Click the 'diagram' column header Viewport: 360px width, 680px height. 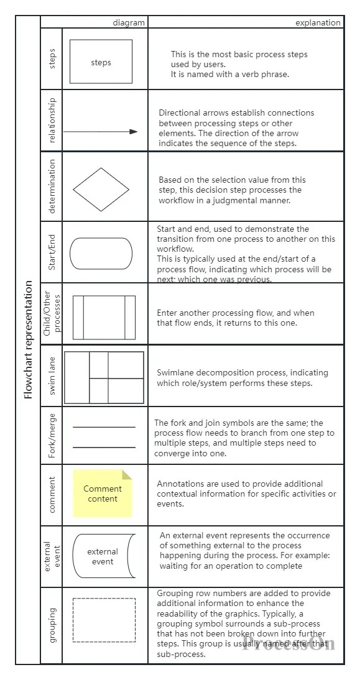pyautogui.click(x=129, y=23)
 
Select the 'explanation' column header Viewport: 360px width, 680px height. pyautogui.click(x=318, y=23)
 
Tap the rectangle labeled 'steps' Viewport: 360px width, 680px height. pyautogui.click(x=101, y=62)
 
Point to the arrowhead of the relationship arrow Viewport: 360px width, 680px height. pyautogui.click(x=134, y=131)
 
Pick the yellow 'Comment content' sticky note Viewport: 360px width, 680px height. pyautogui.click(x=103, y=494)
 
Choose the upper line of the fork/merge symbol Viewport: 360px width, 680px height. pyautogui.click(x=104, y=427)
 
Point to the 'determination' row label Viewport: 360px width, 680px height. pyautogui.click(x=52, y=186)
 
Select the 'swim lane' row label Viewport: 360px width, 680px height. pyautogui.click(x=52, y=375)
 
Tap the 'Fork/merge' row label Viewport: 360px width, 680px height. pyautogui.click(x=52, y=435)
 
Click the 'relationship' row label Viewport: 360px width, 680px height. pyautogui.click(x=52, y=120)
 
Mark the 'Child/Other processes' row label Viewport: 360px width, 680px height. pyautogui.click(x=52, y=313)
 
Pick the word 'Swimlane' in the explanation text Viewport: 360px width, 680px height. pyautogui.click(x=176, y=373)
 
